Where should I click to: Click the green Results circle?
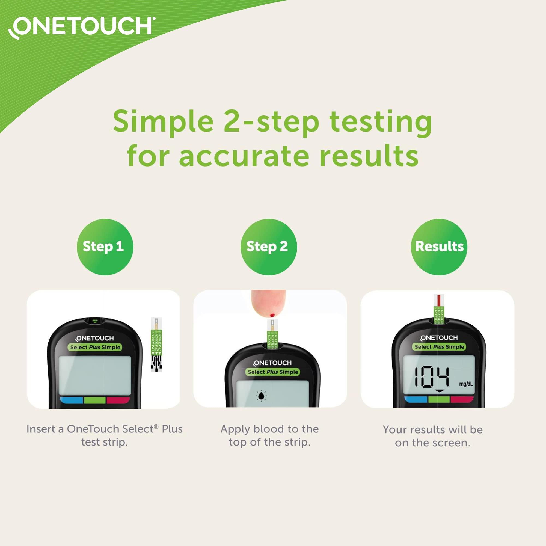pyautogui.click(x=439, y=247)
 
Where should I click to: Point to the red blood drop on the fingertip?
pyautogui.click(x=272, y=314)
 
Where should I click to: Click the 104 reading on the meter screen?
pyautogui.click(x=432, y=377)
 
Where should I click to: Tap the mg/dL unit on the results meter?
pyautogui.click(x=466, y=384)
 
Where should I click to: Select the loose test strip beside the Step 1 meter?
pyautogui.click(x=156, y=345)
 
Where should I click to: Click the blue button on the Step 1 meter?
pyautogui.click(x=72, y=400)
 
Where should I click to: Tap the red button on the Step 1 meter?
pyautogui.click(x=118, y=400)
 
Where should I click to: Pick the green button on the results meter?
pyautogui.click(x=439, y=399)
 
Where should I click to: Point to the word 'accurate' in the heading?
pyautogui.click(x=244, y=156)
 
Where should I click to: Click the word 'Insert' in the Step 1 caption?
pyautogui.click(x=41, y=429)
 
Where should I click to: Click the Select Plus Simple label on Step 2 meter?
pyautogui.click(x=273, y=372)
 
